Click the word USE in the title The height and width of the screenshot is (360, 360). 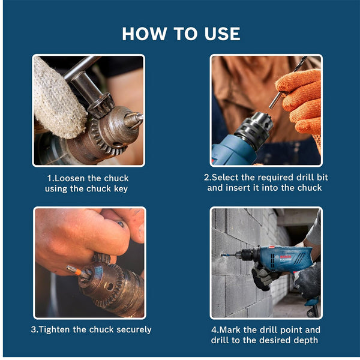219,34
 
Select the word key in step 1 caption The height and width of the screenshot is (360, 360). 120,188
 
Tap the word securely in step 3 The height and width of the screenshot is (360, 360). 131,329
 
